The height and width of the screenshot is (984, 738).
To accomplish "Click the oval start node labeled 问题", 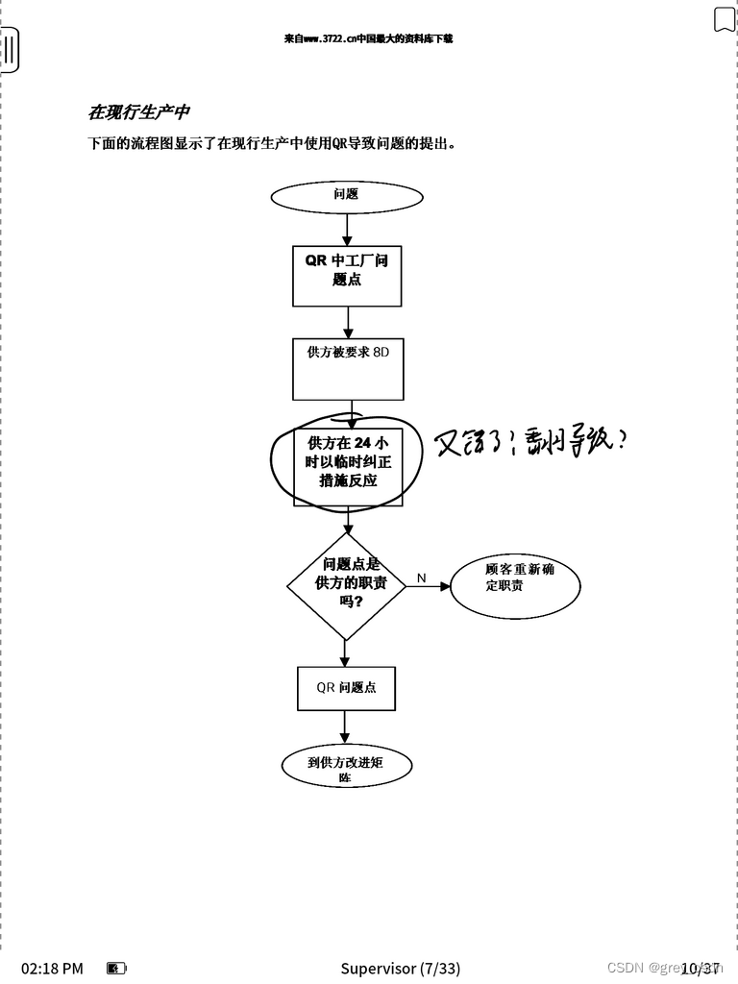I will [x=347, y=196].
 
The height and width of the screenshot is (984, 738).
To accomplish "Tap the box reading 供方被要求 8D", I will [x=348, y=369].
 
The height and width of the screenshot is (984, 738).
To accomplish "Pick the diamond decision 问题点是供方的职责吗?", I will [x=347, y=584].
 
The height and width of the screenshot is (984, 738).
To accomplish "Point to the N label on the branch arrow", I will [x=421, y=578].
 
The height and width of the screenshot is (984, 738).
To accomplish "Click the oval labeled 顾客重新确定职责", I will [x=515, y=584].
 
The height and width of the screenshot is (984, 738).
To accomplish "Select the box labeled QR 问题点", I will [x=346, y=688].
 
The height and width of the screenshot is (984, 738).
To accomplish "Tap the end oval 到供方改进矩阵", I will [x=346, y=767].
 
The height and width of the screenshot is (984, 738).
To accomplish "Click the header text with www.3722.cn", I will [x=368, y=39].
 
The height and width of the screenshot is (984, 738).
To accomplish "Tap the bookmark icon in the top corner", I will [x=724, y=19].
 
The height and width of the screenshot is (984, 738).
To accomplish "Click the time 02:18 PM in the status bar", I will [x=52, y=968].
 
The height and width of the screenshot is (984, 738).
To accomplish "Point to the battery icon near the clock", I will [x=116, y=968].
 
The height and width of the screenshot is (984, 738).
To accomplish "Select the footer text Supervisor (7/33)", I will [x=400, y=968].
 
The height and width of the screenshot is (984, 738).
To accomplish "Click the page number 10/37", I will [x=701, y=968].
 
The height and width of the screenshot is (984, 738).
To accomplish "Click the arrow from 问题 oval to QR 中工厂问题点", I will [x=347, y=229].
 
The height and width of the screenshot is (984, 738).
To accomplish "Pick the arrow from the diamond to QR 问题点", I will [x=346, y=653].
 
